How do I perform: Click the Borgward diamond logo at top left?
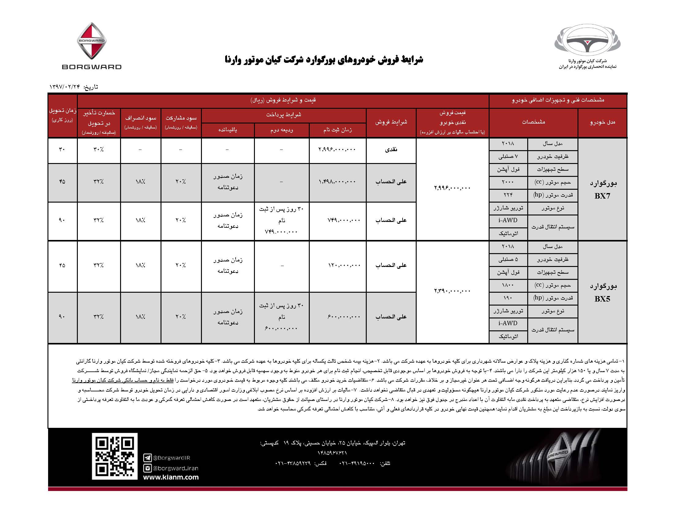pyautogui.click(x=91, y=41)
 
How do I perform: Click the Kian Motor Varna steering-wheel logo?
pyautogui.click(x=587, y=42)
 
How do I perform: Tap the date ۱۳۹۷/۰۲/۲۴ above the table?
pyautogui.click(x=65, y=87)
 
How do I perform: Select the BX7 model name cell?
pyautogui.click(x=602, y=189)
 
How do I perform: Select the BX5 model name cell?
pyautogui.click(x=602, y=292)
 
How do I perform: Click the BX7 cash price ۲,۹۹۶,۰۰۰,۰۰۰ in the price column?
pyautogui.click(x=452, y=188)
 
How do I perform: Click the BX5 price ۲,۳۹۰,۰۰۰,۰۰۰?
pyautogui.click(x=452, y=291)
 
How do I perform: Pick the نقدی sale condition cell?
pyautogui.click(x=391, y=150)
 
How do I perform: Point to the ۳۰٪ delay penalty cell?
pyautogui.click(x=98, y=150)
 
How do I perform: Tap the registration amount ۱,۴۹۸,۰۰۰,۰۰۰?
pyautogui.click(x=337, y=182)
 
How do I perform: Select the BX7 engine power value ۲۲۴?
pyautogui.click(x=508, y=195)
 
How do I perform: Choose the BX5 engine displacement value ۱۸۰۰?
pyautogui.click(x=508, y=285)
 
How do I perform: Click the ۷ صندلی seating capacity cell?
pyautogui.click(x=508, y=157)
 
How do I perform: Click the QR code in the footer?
pyautogui.click(x=115, y=456)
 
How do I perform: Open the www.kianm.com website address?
pyautogui.click(x=171, y=477)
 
